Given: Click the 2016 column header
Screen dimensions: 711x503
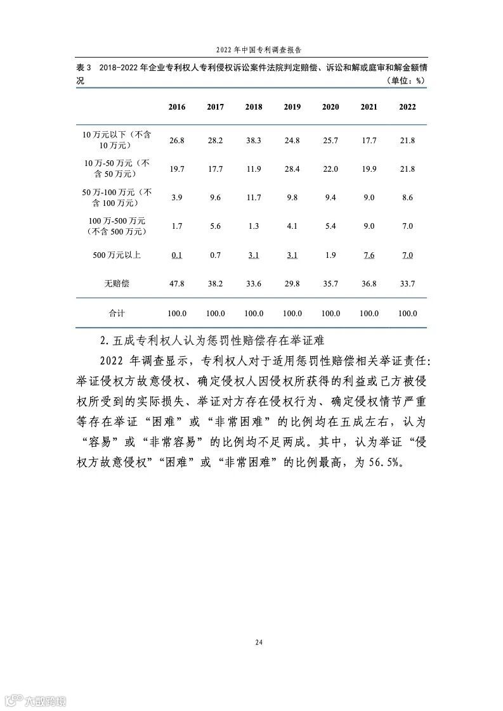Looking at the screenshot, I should (x=177, y=107).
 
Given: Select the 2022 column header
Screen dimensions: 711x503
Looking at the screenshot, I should (x=407, y=107).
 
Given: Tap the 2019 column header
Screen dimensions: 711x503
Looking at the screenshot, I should (x=292, y=107).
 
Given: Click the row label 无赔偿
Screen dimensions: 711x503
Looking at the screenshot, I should (x=116, y=284).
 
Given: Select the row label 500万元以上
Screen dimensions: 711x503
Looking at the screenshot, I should (x=116, y=255).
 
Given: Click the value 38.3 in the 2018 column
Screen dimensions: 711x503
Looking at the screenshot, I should (x=254, y=140).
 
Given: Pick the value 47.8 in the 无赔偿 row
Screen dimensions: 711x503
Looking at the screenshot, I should (x=177, y=284).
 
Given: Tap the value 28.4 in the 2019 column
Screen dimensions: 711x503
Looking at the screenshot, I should (x=292, y=169).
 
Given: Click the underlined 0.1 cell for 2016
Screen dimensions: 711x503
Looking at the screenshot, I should (x=177, y=255).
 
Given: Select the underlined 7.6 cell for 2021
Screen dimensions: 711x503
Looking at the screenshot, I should (x=369, y=255).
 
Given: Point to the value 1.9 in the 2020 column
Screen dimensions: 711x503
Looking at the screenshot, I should (x=330, y=255).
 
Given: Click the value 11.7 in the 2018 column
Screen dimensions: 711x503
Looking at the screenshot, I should (x=254, y=198).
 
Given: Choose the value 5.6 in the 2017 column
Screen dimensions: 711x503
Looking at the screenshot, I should (x=216, y=226).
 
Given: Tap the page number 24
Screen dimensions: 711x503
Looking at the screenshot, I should (x=259, y=642).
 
